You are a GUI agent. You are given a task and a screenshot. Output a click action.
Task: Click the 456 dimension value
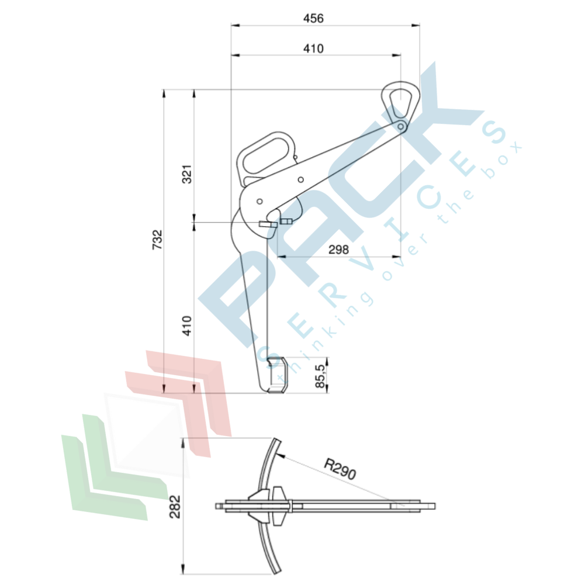click(313, 19)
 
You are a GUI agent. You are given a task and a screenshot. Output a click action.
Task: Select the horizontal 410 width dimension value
click(313, 49)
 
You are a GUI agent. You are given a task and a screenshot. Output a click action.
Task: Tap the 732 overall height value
click(157, 240)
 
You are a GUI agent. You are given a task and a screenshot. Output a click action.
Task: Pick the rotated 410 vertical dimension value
click(187, 326)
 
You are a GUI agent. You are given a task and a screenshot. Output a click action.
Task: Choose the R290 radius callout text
click(340, 469)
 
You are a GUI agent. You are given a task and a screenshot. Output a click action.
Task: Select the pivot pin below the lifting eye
click(400, 126)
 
